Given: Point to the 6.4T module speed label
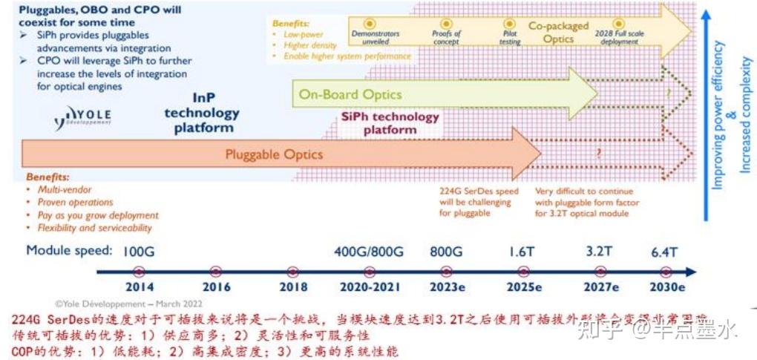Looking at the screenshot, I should click(663, 251).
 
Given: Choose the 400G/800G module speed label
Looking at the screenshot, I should click(369, 251).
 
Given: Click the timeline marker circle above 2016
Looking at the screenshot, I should click(216, 272).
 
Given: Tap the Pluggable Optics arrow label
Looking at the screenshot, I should click(274, 154).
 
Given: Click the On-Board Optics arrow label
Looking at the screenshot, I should click(350, 94).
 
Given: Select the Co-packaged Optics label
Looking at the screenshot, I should click(558, 32).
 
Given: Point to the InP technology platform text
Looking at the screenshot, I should click(202, 113).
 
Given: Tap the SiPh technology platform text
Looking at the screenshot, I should click(390, 123).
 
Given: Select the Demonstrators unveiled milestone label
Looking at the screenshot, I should click(375, 38).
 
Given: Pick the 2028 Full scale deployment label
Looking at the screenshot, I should click(617, 38).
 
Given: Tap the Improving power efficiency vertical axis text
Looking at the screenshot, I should click(718, 115).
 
